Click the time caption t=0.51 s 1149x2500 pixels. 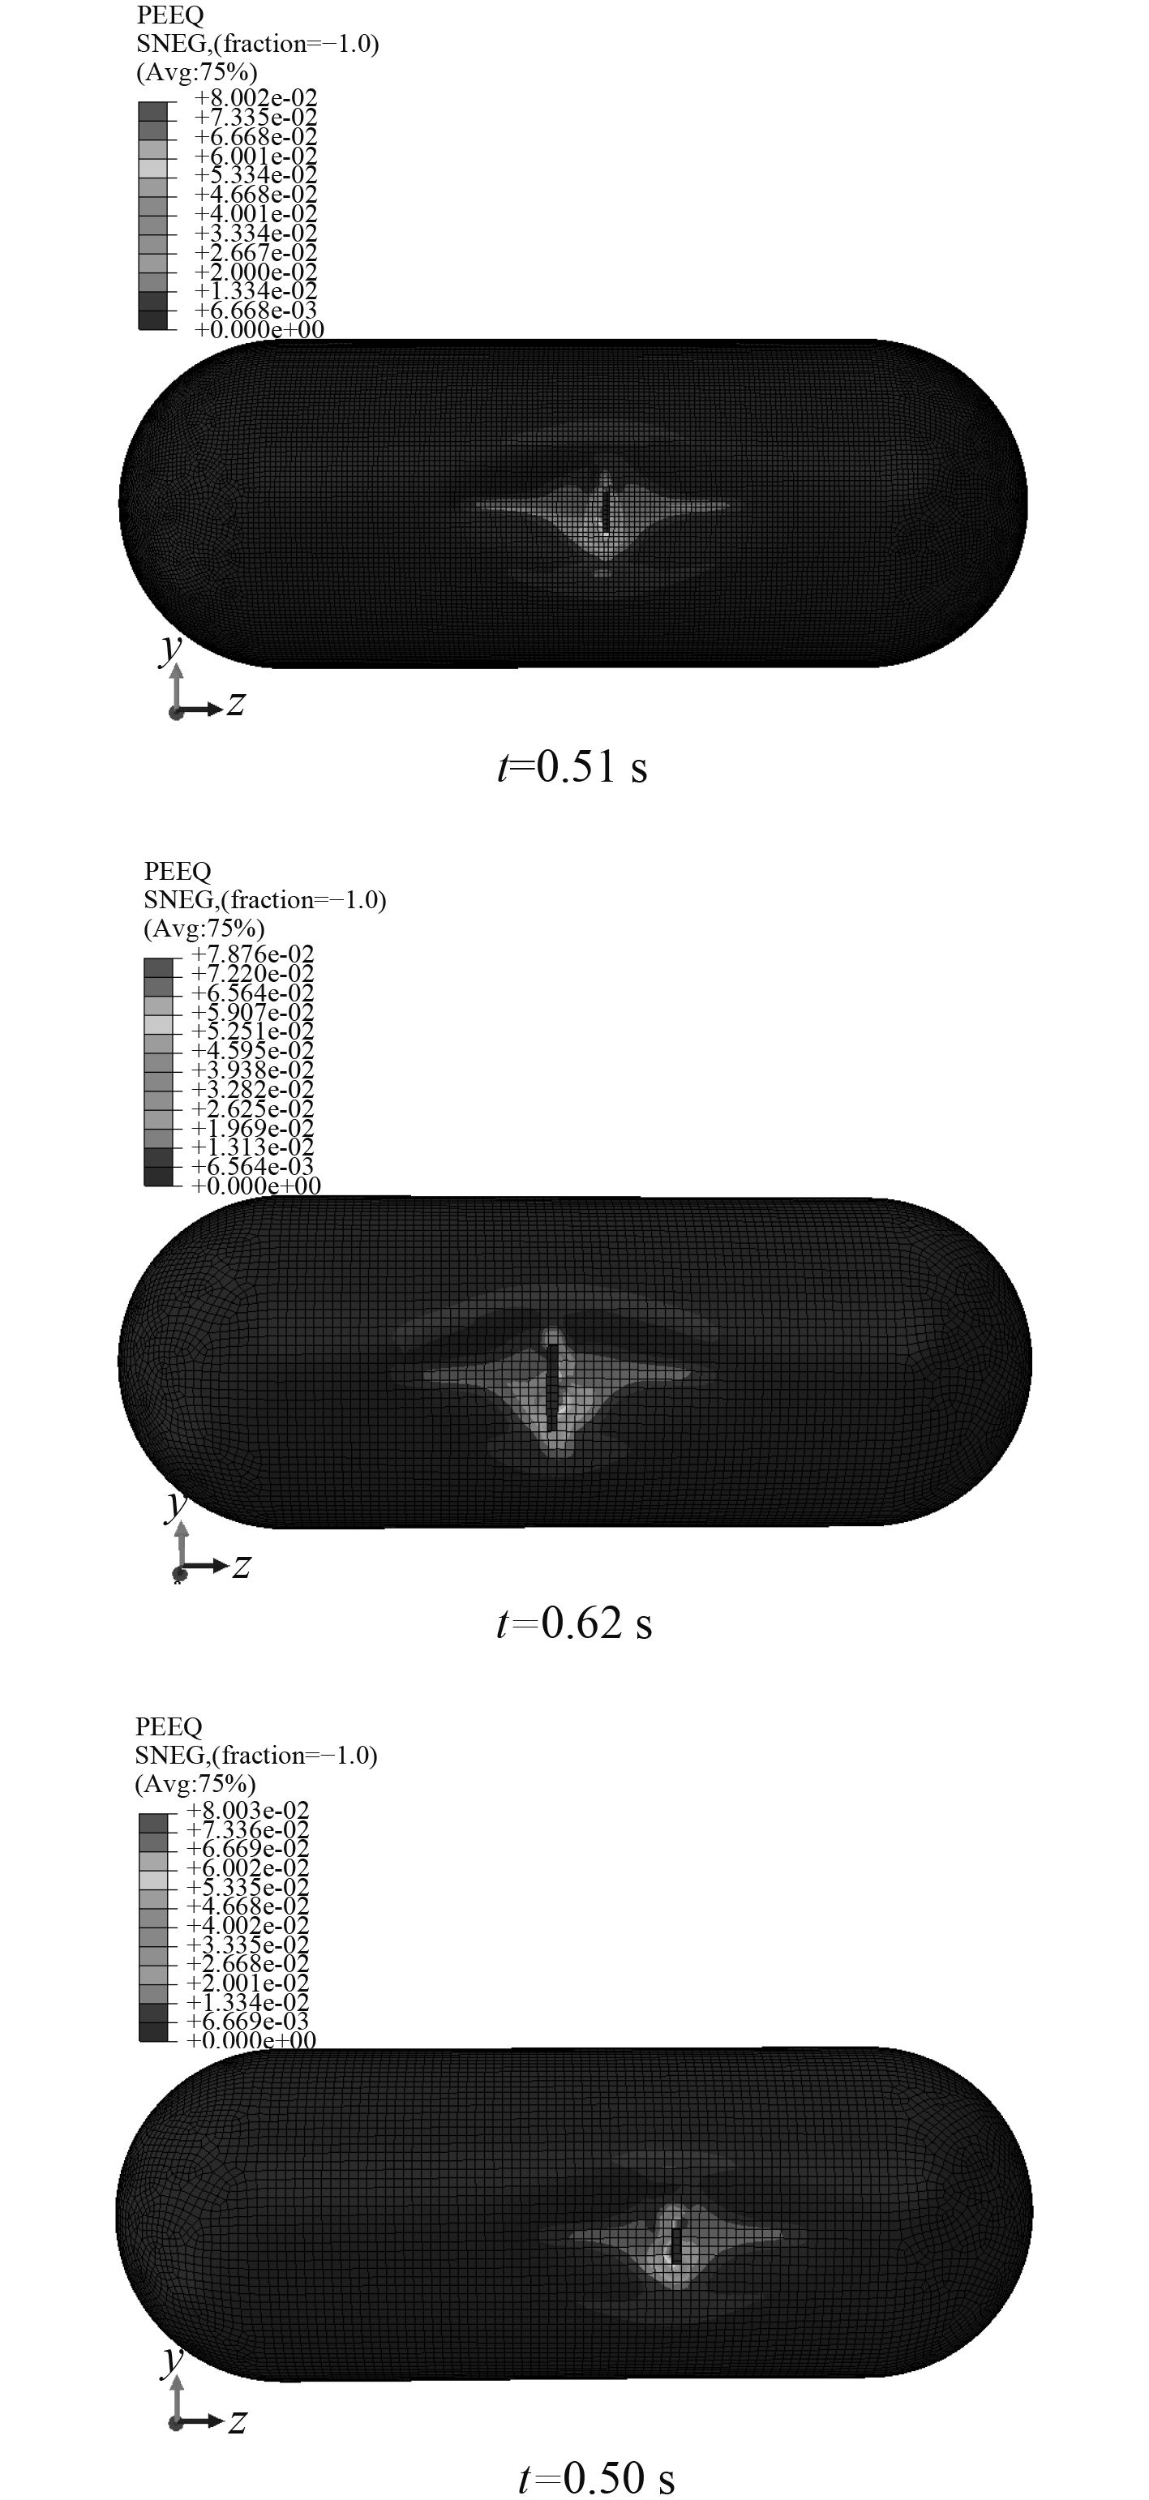pyautogui.click(x=572, y=766)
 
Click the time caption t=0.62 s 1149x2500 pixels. pyautogui.click(x=573, y=1623)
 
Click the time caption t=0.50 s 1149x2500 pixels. pyautogui.click(x=596, y=2476)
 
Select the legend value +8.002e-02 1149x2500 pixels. pyautogui.click(x=256, y=98)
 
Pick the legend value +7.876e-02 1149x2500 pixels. pyautogui.click(x=252, y=954)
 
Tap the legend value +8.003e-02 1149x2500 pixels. pyautogui.click(x=247, y=1810)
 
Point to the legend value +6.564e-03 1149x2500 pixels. pyautogui.click(x=252, y=1167)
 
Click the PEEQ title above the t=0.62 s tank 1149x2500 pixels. pyautogui.click(x=178, y=872)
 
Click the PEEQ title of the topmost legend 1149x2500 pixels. pyautogui.click(x=171, y=15)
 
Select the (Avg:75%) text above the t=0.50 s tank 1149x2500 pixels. pyautogui.click(x=195, y=1784)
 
